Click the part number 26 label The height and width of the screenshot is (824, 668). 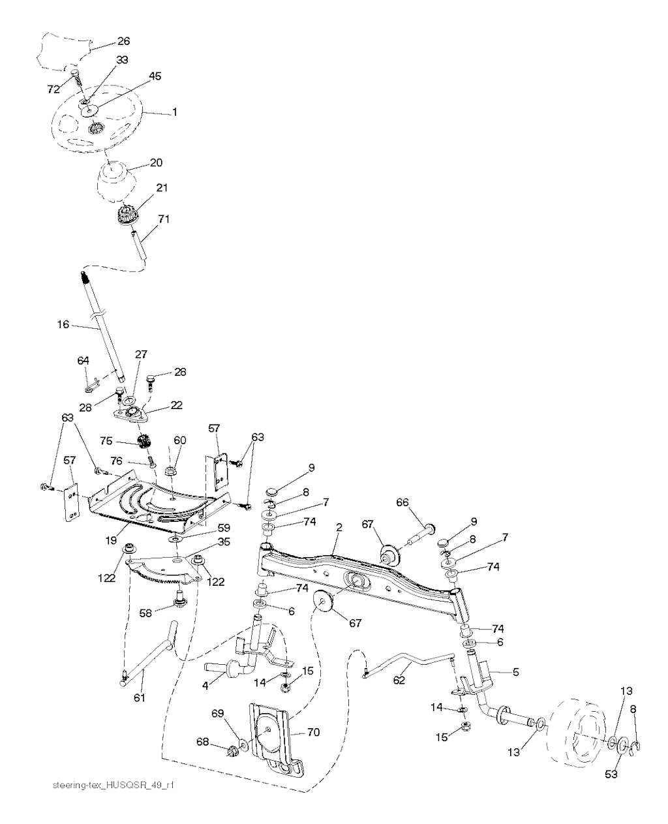123,41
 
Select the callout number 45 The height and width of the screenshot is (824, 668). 155,76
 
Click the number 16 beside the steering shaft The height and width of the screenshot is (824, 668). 63,324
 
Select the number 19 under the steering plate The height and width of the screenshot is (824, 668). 112,540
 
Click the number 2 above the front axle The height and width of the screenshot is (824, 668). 339,527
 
